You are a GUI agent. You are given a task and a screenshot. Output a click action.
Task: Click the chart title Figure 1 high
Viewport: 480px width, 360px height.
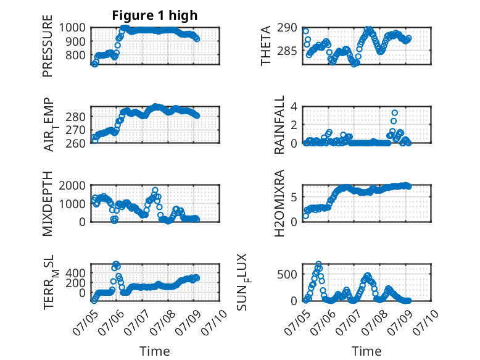point(155,15)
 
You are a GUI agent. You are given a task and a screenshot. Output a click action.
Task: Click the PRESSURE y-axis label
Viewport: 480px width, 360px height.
point(48,46)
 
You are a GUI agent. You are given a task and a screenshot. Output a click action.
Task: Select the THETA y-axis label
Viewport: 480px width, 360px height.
point(266,46)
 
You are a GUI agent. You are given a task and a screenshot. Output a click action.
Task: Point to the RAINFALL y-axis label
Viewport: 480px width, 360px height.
point(279,125)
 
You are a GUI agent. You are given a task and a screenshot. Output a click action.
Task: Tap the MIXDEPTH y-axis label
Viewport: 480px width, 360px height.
point(48,203)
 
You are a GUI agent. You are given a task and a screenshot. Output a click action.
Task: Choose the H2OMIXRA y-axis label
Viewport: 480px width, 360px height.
point(279,203)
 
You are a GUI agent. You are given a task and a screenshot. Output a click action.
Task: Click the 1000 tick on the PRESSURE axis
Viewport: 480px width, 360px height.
point(72,28)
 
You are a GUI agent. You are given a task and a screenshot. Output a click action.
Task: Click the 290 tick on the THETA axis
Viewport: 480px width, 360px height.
point(287,28)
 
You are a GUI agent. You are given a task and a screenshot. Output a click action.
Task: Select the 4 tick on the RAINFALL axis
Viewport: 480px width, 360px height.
point(294,107)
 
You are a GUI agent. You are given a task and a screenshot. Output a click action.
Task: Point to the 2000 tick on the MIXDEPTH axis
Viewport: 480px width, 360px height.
point(72,185)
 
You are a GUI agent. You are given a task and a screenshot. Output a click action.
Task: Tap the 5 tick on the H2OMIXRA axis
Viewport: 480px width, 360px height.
point(294,197)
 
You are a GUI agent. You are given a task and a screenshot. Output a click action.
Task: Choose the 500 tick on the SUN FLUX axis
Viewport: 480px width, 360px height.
point(287,274)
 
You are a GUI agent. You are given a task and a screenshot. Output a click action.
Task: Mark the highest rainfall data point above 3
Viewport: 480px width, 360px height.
point(395,113)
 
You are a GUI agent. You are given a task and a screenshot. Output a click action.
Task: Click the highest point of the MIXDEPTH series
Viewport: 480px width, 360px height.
point(155,190)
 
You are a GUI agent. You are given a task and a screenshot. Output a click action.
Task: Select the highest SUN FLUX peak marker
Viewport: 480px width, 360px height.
point(318,264)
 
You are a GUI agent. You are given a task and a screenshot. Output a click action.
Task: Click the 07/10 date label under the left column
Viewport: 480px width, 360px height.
point(214,322)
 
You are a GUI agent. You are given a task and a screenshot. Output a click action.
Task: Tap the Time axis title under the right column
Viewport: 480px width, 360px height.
point(366,351)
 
